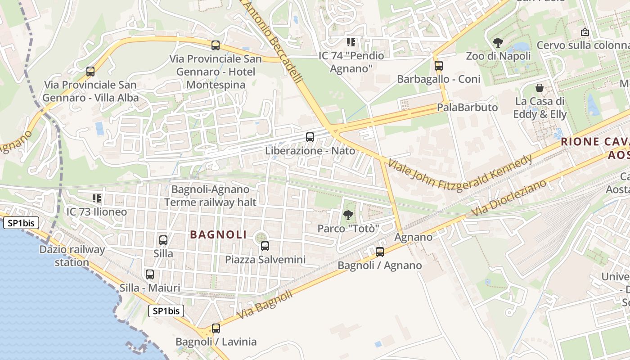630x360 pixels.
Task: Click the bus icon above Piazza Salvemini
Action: coord(265,246)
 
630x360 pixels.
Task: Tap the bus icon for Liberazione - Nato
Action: coord(310,137)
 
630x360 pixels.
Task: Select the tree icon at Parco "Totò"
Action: coord(348,215)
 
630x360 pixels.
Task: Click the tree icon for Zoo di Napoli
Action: coord(498,43)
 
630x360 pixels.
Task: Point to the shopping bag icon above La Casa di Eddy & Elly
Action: coord(540,88)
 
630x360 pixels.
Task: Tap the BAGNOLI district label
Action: coord(218,234)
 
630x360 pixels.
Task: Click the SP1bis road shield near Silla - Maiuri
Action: coord(166,310)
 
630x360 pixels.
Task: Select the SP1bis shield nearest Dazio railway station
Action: coord(21,223)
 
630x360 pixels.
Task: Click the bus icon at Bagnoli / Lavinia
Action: coord(216,328)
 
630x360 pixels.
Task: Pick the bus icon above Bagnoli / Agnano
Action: coord(380,252)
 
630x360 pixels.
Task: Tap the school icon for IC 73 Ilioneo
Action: coord(96,198)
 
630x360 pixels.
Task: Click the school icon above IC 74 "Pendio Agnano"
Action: coord(351,43)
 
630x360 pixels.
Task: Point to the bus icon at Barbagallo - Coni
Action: coord(439,66)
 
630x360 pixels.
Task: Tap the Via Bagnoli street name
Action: coord(264,305)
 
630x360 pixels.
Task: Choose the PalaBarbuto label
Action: coord(467,108)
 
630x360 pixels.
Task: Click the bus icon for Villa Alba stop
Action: coord(90,71)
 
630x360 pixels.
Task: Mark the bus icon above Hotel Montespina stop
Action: coord(216,45)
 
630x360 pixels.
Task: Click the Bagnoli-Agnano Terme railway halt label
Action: coord(210,196)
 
